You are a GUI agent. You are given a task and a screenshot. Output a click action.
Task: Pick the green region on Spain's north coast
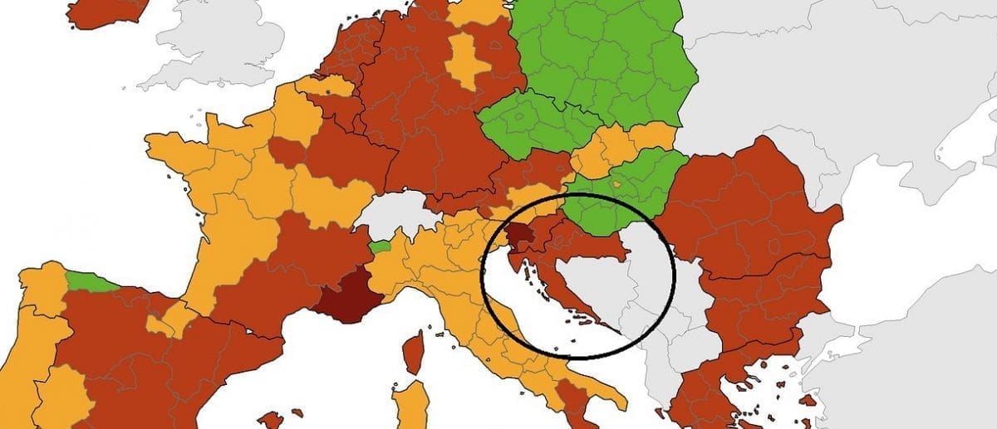87,282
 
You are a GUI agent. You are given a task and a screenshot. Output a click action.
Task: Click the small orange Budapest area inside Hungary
616,184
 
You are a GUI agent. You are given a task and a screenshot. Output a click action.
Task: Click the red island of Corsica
413,351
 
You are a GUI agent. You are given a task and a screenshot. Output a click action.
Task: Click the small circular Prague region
520,117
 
